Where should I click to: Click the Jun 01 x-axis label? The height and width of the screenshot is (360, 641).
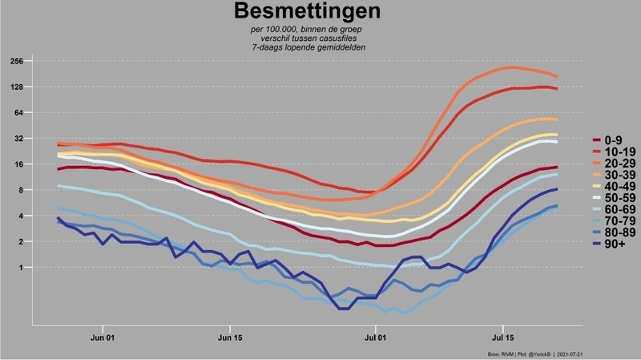point(104,339)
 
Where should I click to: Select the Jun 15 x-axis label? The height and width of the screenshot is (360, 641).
point(230,339)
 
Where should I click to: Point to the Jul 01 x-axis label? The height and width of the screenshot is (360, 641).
point(376,339)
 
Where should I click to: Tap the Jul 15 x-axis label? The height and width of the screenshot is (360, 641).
point(503,339)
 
